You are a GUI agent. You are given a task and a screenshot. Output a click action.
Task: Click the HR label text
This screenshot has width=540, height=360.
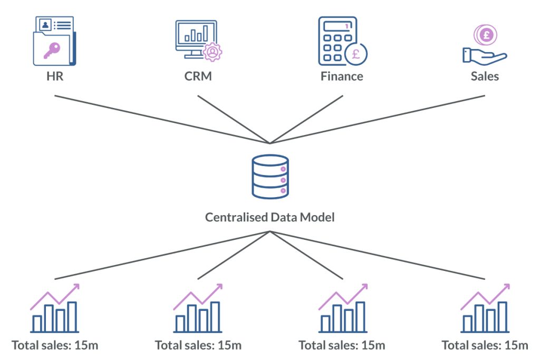(x=54, y=76)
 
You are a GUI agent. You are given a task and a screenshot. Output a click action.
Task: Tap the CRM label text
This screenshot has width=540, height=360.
(x=198, y=76)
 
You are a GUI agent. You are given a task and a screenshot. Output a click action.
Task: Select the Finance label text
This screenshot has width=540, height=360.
(x=342, y=76)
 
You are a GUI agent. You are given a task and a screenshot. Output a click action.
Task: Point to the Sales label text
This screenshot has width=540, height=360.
(x=485, y=76)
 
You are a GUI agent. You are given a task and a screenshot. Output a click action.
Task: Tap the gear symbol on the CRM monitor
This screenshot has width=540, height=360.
(x=212, y=52)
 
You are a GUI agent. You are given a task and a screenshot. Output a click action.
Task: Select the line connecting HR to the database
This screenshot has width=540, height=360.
(x=158, y=119)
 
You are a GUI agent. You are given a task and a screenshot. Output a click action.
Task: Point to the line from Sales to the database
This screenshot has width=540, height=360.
(x=380, y=119)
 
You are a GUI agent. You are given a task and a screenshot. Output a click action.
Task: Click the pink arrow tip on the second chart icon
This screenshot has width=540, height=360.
(x=220, y=287)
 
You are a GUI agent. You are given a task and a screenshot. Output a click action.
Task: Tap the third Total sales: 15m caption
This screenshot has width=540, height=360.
(x=342, y=346)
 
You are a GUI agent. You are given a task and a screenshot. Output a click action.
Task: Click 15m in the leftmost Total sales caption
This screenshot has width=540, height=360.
(x=87, y=346)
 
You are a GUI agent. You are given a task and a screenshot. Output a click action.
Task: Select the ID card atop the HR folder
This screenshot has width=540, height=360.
(x=54, y=24)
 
